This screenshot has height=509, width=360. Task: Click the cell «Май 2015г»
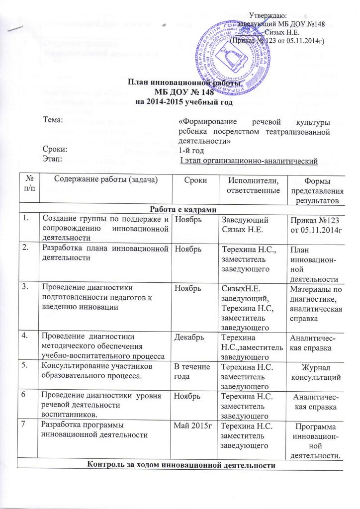189,426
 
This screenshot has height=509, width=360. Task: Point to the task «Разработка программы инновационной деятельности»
94,431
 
